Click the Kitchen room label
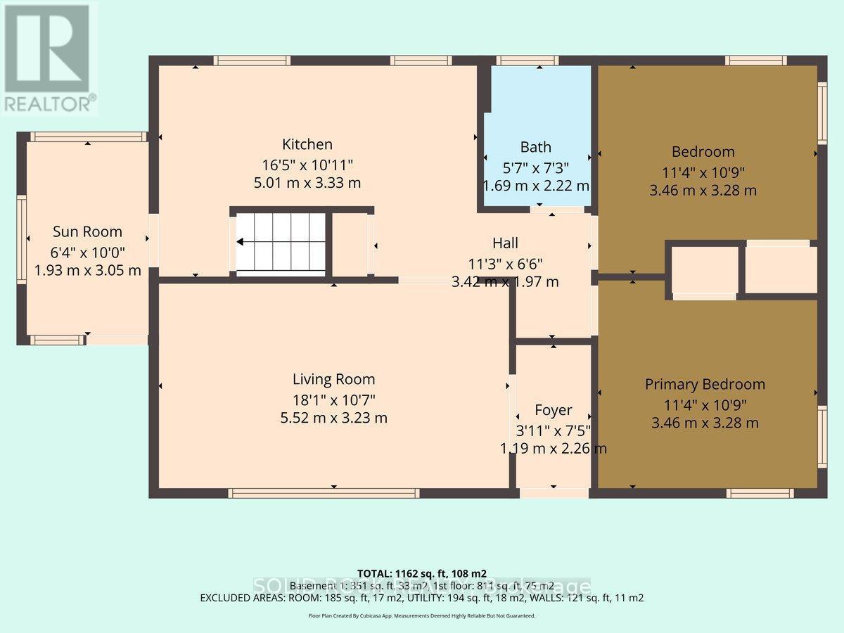(x=307, y=145)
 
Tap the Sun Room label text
(x=87, y=232)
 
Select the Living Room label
(x=333, y=380)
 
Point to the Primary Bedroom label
(x=705, y=384)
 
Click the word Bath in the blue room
(x=535, y=148)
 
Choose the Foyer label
(x=553, y=410)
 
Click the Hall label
(x=505, y=243)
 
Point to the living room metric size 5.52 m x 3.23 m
(x=333, y=418)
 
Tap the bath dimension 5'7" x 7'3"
(x=535, y=168)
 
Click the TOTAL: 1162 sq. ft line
(x=421, y=573)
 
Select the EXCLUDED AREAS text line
(x=421, y=598)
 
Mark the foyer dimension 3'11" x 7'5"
(x=553, y=430)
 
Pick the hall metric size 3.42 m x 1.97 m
(x=505, y=282)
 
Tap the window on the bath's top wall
(x=539, y=60)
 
